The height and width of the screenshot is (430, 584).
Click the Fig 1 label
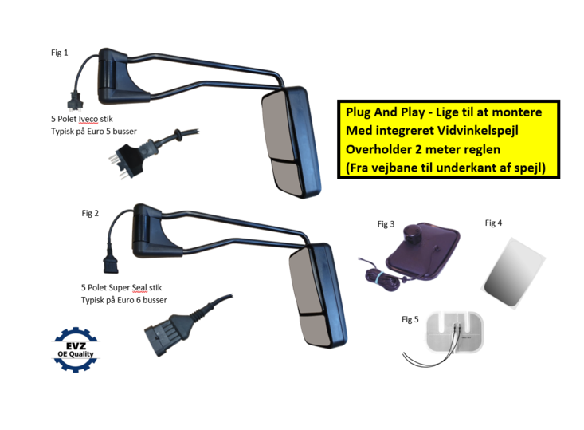[x=60, y=53]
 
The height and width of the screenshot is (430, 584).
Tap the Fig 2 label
[x=90, y=213]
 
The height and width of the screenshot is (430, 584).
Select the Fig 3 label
[x=386, y=224]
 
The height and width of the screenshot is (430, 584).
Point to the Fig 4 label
[x=493, y=223]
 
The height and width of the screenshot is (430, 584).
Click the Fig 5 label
[x=410, y=319]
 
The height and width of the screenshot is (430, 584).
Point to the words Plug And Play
[x=382, y=112]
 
